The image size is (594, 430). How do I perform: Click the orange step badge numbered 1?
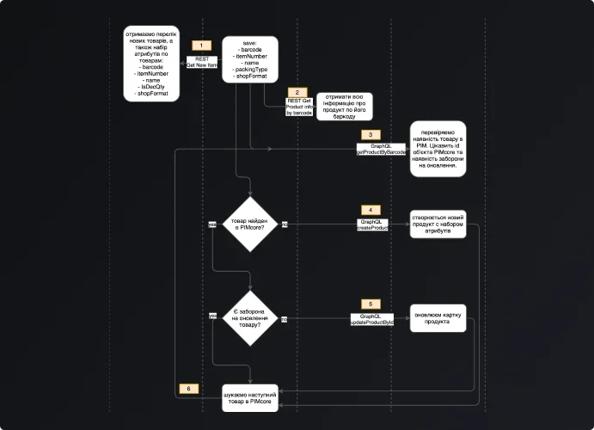click(200, 45)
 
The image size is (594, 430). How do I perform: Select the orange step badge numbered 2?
click(297, 92)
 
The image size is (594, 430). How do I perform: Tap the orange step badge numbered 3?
click(369, 135)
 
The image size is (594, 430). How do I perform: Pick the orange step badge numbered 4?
click(369, 210)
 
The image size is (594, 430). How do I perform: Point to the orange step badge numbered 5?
click(369, 304)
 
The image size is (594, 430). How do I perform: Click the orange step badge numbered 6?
click(190, 389)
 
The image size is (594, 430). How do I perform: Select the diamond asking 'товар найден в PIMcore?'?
click(250, 224)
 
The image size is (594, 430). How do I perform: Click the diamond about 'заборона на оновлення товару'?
click(250, 319)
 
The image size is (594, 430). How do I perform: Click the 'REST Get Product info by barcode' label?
click(299, 107)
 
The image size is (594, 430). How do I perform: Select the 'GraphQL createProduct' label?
click(374, 224)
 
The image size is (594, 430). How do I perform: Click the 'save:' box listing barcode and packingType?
click(250, 59)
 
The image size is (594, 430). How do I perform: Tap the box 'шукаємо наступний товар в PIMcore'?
click(250, 397)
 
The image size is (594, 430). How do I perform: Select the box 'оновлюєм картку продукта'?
click(438, 316)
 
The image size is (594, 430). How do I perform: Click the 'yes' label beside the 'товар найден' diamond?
click(212, 224)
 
